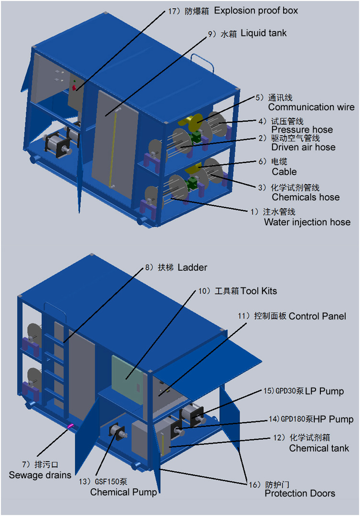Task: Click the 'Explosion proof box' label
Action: (256, 11)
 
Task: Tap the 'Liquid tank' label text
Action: (264, 33)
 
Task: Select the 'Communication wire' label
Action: (311, 107)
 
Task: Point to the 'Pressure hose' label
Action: (302, 130)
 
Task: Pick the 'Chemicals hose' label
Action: (306, 197)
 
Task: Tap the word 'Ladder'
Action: (192, 267)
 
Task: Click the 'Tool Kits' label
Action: (258, 291)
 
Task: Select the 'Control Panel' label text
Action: (318, 316)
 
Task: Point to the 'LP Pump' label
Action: (325, 391)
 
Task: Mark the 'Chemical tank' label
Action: (319, 448)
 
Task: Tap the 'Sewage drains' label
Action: (40, 475)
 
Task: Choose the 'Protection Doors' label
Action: (300, 493)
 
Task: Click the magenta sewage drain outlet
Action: (71, 426)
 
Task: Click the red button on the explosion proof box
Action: (74, 88)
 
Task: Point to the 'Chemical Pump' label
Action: (123, 492)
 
